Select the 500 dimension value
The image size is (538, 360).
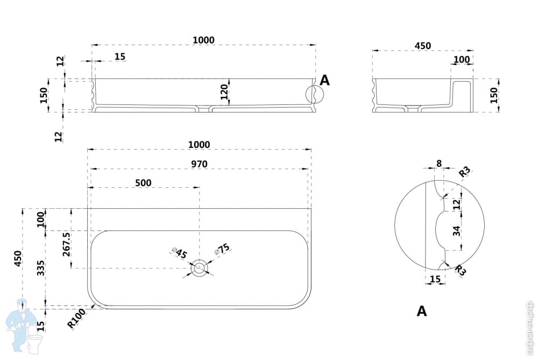click(143, 183)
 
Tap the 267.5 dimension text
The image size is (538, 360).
click(67, 244)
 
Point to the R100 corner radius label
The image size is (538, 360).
click(76, 319)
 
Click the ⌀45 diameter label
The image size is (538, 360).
click(180, 252)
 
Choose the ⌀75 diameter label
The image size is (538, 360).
click(222, 249)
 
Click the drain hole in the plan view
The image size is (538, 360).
click(200, 268)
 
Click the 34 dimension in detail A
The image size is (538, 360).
click(456, 231)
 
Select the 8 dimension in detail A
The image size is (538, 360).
click(438, 163)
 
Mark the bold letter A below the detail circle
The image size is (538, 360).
click(422, 311)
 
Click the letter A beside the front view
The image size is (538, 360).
click(324, 81)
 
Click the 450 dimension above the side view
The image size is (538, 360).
click(423, 46)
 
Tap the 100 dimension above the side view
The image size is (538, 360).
click(461, 59)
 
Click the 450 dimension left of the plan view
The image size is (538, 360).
click(18, 258)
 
